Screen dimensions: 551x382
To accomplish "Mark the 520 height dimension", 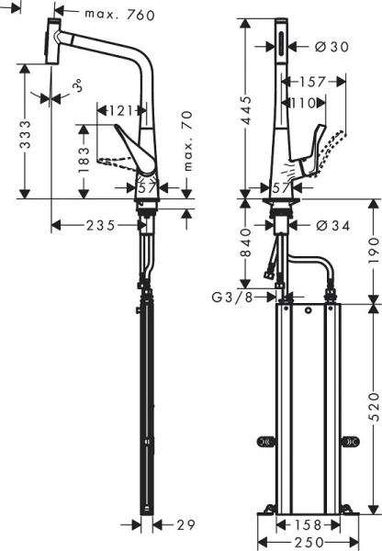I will (x=372, y=399).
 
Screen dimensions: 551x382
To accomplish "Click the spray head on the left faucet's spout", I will (x=52, y=42).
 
